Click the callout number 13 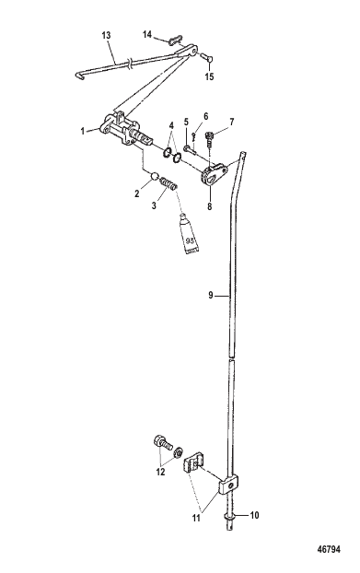click(106, 35)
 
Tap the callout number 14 click(147, 34)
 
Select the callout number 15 click(209, 76)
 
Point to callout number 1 click(83, 131)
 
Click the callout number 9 click(211, 295)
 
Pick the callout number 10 click(254, 515)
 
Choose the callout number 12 click(160, 473)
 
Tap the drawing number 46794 click(329, 549)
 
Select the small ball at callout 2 click(155, 177)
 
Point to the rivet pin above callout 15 click(208, 57)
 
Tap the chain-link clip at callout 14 click(176, 40)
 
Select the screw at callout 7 click(210, 137)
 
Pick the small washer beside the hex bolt click(179, 451)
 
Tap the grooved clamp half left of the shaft click(192, 463)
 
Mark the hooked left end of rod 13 click(78, 76)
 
